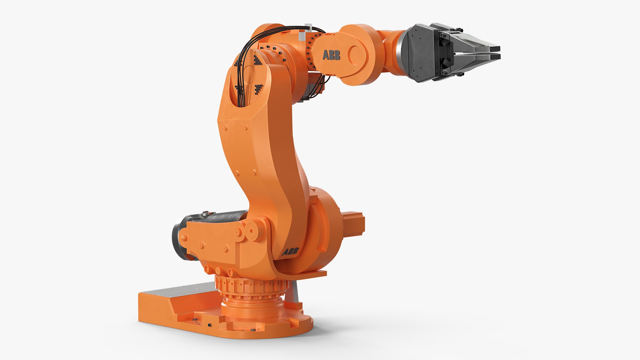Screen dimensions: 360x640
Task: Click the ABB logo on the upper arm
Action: [x=331, y=55]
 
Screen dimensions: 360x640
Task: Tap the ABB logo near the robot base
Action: [x=290, y=251]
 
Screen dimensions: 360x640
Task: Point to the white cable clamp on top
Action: [x=307, y=31]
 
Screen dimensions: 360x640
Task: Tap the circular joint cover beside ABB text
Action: [x=357, y=55]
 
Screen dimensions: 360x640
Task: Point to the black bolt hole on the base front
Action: [x=209, y=325]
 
